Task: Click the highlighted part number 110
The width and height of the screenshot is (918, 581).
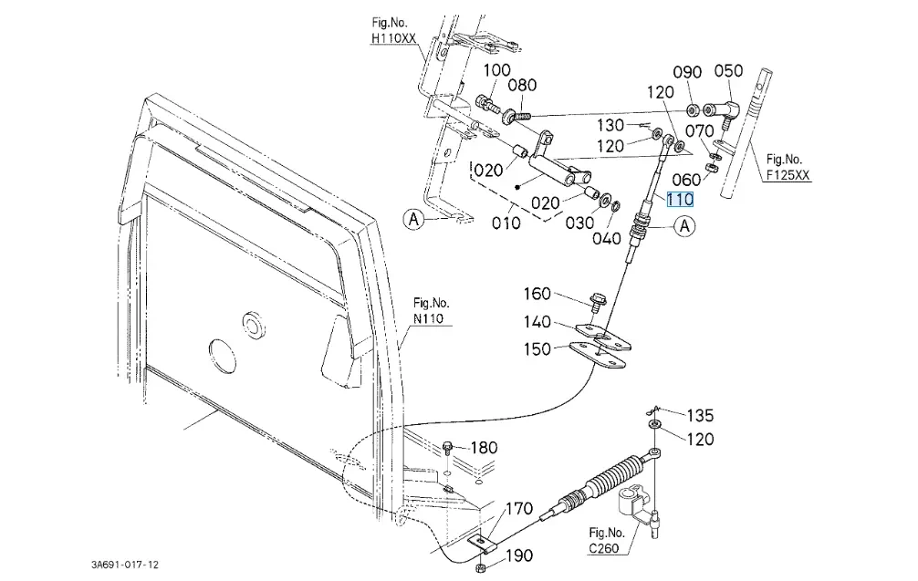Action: (681, 199)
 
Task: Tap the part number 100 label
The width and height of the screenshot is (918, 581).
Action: (496, 70)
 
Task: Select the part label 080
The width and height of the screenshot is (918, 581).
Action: (522, 86)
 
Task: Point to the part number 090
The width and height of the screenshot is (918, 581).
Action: (687, 72)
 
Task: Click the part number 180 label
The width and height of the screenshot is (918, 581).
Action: (484, 448)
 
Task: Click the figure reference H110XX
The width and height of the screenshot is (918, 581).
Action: (393, 39)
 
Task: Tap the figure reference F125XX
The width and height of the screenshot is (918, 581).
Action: (788, 175)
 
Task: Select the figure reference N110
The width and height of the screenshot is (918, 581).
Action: (428, 318)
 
